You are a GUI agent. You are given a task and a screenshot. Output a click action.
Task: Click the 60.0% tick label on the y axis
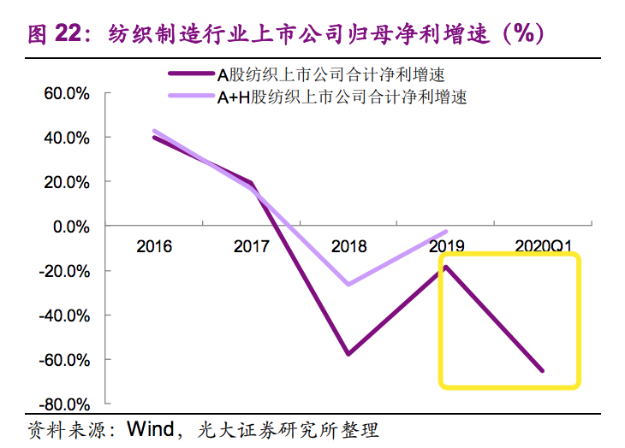[68, 93]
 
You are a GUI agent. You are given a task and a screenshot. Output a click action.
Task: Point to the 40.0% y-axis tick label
[68, 138]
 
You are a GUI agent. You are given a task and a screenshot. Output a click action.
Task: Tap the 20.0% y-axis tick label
[68, 182]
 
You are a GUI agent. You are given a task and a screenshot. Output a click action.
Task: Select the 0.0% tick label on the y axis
[71, 227]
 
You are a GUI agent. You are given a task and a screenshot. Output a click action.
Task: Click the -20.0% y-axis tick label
[66, 271]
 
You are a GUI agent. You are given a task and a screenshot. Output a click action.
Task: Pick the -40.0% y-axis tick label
[66, 315]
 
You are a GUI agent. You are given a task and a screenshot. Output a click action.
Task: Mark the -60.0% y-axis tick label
[66, 360]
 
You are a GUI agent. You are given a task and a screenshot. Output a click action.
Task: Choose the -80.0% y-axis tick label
[66, 404]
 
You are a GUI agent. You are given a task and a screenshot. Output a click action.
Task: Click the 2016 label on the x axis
[154, 247]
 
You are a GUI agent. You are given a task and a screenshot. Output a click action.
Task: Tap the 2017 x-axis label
[252, 247]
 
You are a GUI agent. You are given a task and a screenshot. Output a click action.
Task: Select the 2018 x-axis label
[348, 247]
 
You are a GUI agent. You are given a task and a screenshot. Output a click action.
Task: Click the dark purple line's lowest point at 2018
[348, 354]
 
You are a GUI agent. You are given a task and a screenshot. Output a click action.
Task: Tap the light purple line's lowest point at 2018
[348, 284]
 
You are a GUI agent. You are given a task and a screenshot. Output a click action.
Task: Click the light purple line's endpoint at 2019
[446, 232]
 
